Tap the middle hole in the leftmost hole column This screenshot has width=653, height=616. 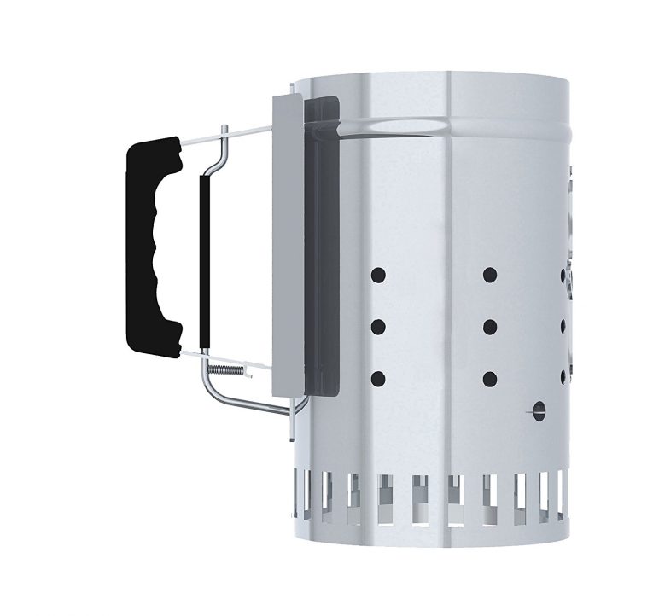[x=378, y=326]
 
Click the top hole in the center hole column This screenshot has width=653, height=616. [x=490, y=275]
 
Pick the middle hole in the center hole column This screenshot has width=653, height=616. [x=490, y=326]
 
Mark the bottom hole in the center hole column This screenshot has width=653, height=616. [x=490, y=378]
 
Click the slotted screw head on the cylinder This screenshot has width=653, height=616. [x=538, y=411]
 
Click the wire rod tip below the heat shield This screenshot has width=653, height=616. [x=293, y=431]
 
